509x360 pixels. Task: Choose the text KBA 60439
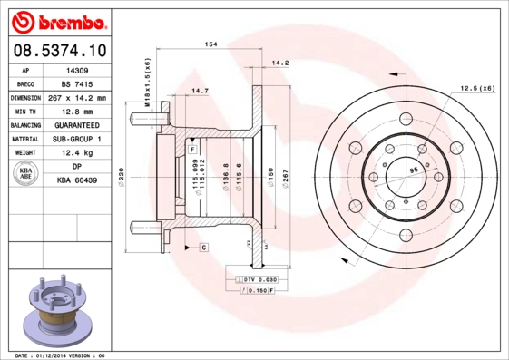[77, 181]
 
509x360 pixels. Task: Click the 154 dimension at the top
[210, 44]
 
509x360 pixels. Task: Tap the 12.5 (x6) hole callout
[477, 87]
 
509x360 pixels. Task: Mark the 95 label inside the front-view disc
[414, 170]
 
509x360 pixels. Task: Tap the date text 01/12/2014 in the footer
[55, 355]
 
